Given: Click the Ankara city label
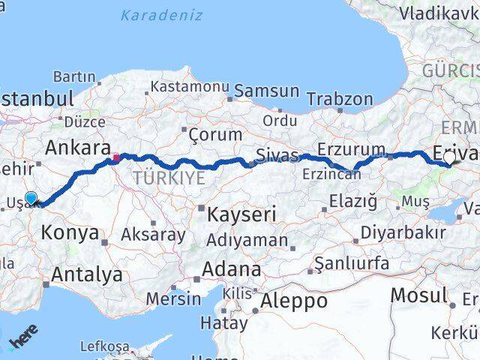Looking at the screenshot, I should coord(78,148).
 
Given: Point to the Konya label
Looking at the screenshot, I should coord(70,232).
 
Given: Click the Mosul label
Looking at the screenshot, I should coord(418,295).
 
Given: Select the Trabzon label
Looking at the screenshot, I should coord(339,99).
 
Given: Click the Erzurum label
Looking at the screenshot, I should coord(351,149).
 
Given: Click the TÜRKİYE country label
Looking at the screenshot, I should coord(169,178).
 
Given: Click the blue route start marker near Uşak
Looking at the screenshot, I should coord(31,198).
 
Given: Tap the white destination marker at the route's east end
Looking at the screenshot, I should coord(448,157).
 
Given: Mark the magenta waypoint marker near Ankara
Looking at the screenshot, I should coord(116,158).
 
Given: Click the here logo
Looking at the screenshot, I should coord(22,341).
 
